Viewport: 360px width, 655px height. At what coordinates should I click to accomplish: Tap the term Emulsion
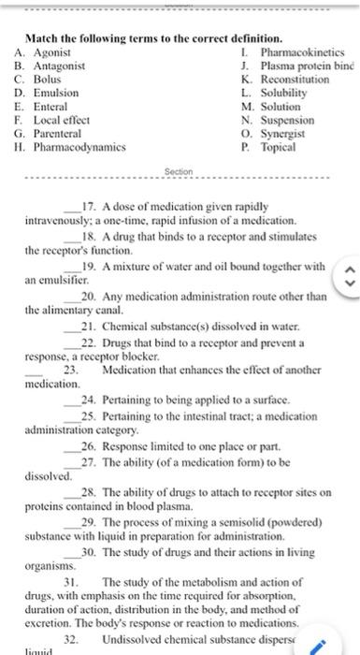[x=55, y=94]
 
